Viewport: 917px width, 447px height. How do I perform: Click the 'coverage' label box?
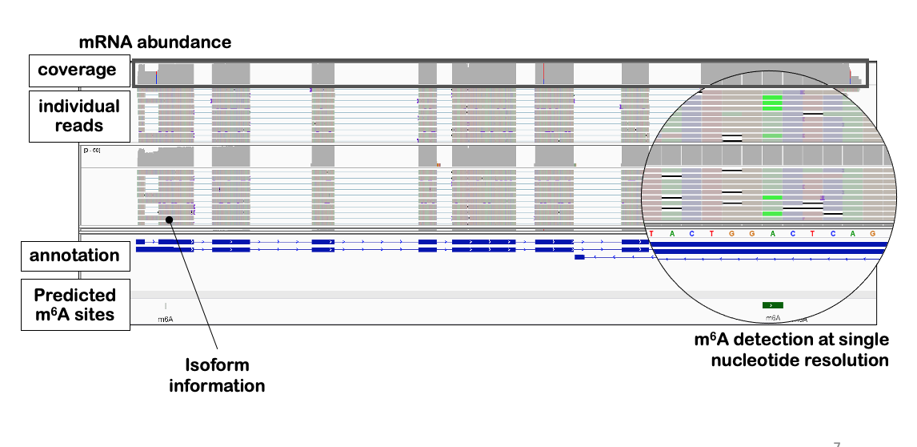coord(77,70)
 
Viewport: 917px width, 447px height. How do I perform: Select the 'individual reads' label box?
coord(78,116)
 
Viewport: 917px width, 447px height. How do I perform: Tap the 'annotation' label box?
coord(74,256)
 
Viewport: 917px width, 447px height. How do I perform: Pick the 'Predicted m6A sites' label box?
coord(74,304)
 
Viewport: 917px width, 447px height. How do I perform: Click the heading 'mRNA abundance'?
coord(154,42)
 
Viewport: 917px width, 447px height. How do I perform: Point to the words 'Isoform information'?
coord(217,375)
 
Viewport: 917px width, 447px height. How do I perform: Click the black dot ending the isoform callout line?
coord(169,219)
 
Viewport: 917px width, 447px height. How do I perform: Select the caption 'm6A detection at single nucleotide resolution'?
coord(791,350)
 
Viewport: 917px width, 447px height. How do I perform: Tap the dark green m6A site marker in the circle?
coord(772,305)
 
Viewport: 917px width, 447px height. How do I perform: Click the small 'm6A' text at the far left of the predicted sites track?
coord(166,319)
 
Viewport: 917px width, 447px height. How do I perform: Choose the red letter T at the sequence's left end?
coord(651,234)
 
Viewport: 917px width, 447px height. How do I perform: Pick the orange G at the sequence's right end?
coord(872,234)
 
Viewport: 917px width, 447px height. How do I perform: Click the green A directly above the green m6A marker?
coord(772,234)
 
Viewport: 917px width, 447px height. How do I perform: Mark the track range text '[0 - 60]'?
coord(92,150)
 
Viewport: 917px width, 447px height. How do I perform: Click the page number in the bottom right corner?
coord(837,443)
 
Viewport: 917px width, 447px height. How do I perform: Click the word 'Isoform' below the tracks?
coord(217,365)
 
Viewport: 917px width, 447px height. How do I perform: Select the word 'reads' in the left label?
coord(78,126)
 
